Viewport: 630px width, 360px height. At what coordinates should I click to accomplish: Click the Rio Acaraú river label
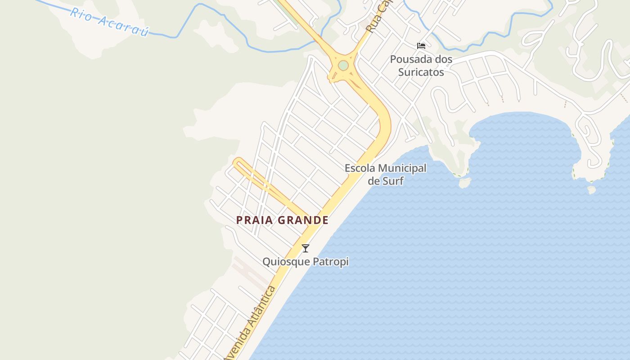coord(109,22)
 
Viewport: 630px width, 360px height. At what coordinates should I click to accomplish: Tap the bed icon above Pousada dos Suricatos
coord(421,45)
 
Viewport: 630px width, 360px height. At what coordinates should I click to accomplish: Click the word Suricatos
coord(421,72)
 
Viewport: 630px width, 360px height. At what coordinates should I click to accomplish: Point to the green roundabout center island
coord(343,66)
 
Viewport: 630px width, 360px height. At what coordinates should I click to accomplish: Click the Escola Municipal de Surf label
coord(386,175)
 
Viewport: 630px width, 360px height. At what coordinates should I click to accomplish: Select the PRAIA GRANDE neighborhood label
coord(282,220)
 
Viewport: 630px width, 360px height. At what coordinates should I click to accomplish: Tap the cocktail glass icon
coord(306,248)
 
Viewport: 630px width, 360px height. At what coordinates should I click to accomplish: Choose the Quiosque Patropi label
coord(306,261)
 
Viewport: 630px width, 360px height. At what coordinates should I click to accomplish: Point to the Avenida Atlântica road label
coord(250,322)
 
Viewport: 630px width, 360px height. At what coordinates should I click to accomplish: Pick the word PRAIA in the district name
coord(255,220)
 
